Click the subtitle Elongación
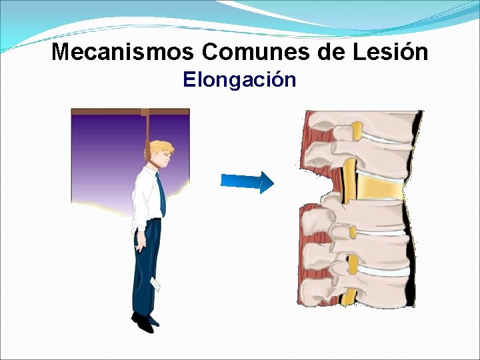coord(239,80)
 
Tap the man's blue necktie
coord(161,193)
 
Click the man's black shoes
coord(143,323)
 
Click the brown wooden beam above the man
coord(130,111)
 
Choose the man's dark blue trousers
coord(145,267)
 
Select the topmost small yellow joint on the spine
coord(357,131)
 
